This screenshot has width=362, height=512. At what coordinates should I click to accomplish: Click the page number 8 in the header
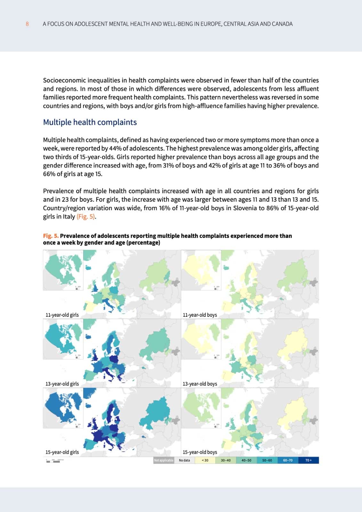tap(27, 24)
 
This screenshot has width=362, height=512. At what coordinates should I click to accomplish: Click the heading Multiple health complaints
tap(90, 122)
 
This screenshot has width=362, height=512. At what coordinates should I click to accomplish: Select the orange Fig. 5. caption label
tap(51, 236)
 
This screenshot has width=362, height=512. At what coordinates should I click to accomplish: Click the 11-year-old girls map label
tap(62, 315)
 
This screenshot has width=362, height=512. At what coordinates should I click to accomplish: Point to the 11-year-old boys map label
tap(200, 315)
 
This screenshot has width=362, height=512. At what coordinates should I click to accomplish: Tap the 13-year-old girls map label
tap(62, 384)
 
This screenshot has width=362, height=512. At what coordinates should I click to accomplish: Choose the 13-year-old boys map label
tap(200, 384)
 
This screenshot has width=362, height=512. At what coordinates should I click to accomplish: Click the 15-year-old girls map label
tap(62, 452)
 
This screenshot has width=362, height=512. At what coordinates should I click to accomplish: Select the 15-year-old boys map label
tap(200, 452)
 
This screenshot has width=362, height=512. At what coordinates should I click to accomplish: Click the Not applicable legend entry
tap(164, 460)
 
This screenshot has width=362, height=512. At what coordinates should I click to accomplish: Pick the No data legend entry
tap(184, 460)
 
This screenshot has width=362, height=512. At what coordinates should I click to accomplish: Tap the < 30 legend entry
tap(205, 460)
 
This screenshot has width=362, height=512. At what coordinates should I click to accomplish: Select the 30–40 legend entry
tap(226, 460)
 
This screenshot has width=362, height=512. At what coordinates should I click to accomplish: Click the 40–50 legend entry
tap(246, 460)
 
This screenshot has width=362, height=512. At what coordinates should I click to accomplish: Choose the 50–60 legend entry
tap(267, 460)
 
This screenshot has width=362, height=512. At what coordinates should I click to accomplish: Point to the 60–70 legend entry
tap(288, 460)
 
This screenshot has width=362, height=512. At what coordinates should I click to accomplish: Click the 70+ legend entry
tap(308, 460)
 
